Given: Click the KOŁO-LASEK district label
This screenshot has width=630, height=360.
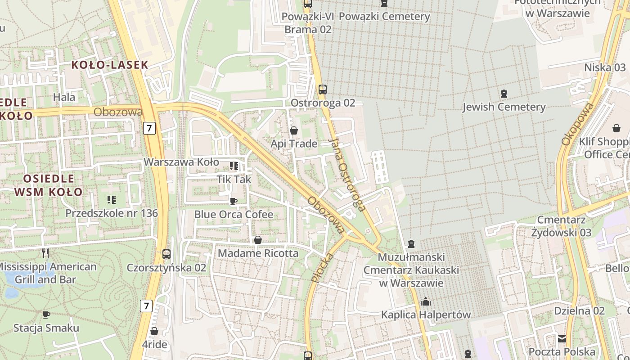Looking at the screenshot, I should (x=109, y=65).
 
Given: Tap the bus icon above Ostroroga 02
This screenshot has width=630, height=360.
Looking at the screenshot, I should (x=322, y=89).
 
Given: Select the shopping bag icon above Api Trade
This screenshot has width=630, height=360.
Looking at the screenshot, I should (x=294, y=131).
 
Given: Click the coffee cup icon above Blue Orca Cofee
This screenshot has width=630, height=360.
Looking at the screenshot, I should (x=233, y=201).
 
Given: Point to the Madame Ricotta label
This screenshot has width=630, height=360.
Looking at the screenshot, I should (x=258, y=253).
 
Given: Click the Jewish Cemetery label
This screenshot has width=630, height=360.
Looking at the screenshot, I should (x=504, y=107).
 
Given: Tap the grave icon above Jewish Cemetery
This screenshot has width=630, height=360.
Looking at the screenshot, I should (x=504, y=94).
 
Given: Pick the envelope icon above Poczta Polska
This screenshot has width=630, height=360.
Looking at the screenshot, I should (x=562, y=338).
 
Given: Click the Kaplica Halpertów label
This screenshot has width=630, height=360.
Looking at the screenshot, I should (x=426, y=315).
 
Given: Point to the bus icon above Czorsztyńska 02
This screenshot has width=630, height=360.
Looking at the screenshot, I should (x=166, y=254).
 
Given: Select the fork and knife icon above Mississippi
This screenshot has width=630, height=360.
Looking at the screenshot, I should (x=45, y=253).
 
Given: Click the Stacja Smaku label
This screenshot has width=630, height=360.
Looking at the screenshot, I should (x=46, y=328).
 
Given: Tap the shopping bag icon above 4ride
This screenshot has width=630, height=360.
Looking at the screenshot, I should (x=154, y=332).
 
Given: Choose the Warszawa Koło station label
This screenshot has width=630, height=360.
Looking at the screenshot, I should (x=181, y=162).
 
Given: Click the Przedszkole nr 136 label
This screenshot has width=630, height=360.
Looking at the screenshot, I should (x=112, y=213).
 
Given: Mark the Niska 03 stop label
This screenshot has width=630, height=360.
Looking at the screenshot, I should (x=605, y=67).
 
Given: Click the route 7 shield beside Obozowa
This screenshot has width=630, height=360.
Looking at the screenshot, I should (x=149, y=128).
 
